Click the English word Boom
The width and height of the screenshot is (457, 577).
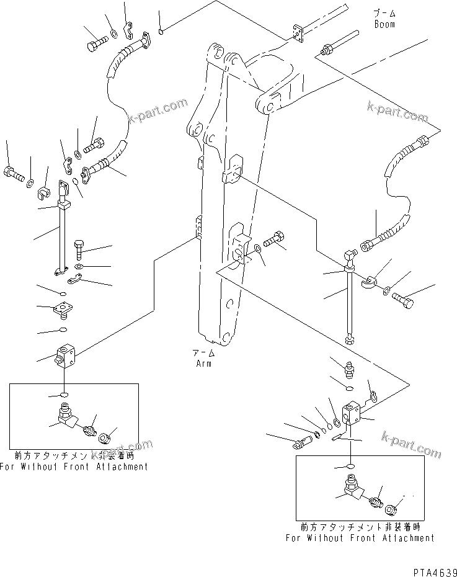pyautogui.click(x=384, y=24)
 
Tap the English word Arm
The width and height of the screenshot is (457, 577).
pyautogui.click(x=203, y=363)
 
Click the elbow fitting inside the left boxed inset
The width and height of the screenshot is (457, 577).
pyautogui.click(x=64, y=416)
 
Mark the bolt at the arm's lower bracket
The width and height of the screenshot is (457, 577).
pyautogui.click(x=275, y=239)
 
